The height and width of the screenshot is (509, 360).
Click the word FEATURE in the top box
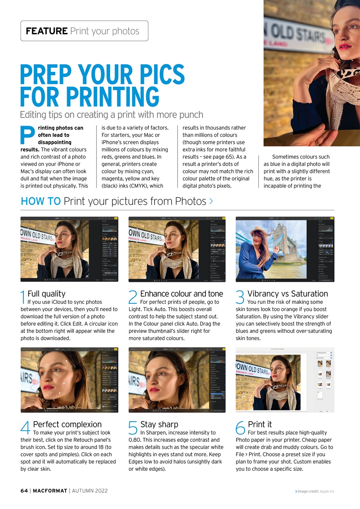click(46, 31)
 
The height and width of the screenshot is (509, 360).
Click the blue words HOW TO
click(41, 201)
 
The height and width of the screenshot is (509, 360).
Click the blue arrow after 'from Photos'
click(211, 202)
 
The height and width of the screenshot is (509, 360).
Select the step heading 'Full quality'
click(46, 294)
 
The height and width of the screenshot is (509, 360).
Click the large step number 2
click(133, 297)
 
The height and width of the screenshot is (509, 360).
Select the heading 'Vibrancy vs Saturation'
click(288, 294)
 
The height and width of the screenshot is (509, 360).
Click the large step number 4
click(25, 428)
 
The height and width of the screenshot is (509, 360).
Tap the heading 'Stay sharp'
click(159, 424)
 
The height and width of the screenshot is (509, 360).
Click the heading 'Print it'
click(259, 424)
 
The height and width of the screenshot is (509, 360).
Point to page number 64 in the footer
click(24, 491)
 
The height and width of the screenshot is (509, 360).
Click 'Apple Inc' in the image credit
click(327, 492)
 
